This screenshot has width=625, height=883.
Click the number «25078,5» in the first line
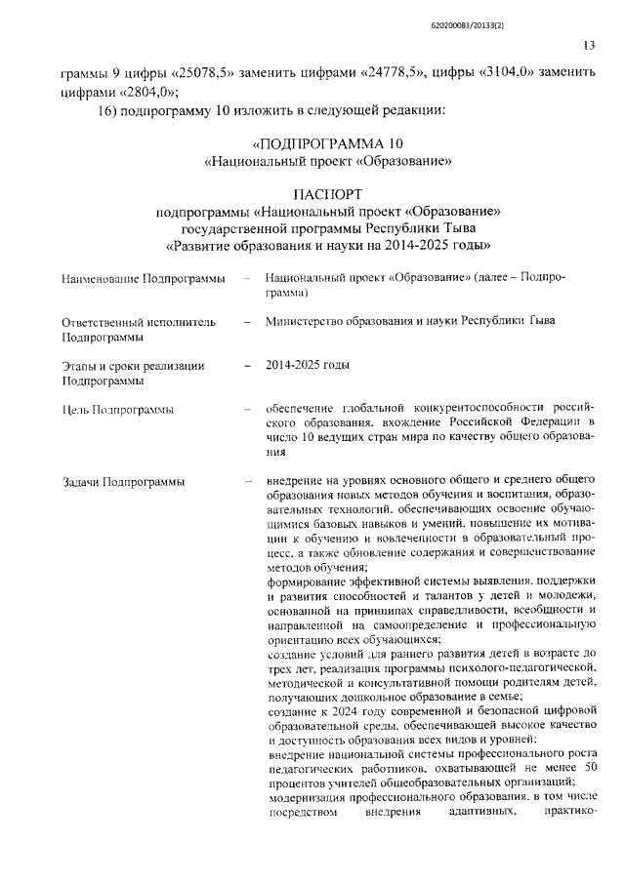(x=196, y=73)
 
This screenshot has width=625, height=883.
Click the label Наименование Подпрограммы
(x=143, y=279)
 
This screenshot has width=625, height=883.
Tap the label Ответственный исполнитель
(x=133, y=321)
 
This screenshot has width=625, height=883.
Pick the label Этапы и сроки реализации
(x=133, y=366)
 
